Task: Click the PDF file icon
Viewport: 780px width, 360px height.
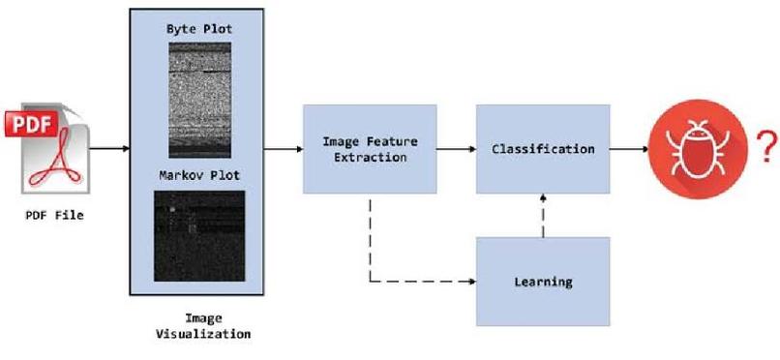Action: pos(53,150)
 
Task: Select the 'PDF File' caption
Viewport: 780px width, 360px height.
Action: pos(54,215)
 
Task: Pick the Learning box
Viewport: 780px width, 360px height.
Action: pos(542,282)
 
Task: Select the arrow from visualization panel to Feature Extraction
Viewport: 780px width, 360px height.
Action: pos(285,149)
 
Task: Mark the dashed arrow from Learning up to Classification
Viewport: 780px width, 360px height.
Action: pos(543,215)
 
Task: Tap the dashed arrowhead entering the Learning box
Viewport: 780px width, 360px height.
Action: pos(471,283)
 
